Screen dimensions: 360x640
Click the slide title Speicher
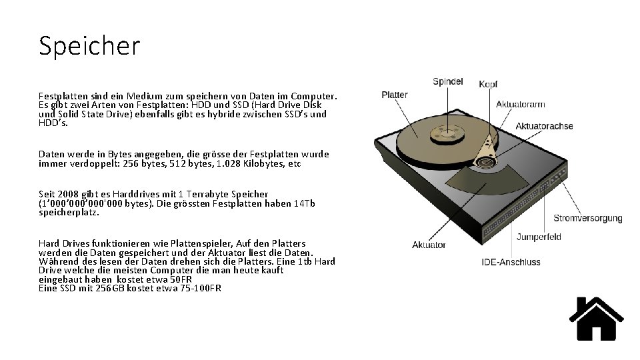coord(90,46)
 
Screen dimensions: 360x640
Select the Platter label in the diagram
coord(395,95)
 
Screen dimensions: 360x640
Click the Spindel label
coord(447,82)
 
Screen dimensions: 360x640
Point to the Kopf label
coord(488,85)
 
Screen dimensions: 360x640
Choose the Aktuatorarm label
coord(521,105)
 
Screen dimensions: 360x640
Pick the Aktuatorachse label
coord(544,126)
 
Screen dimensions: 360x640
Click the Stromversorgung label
coord(588,218)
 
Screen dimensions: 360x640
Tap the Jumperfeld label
coord(539,237)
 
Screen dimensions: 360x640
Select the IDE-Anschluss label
coord(511,262)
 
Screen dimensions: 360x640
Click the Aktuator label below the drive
coord(429,245)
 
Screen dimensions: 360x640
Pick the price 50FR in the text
coord(181,279)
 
